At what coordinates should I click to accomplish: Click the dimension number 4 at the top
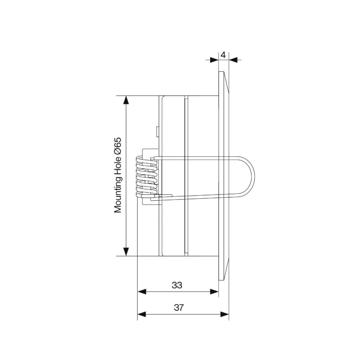(x=223, y=55)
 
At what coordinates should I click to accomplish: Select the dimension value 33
(x=177, y=285)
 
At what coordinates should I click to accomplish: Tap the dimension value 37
(x=179, y=307)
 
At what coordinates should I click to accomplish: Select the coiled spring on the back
(x=147, y=176)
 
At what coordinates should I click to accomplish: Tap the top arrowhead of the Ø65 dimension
(x=126, y=100)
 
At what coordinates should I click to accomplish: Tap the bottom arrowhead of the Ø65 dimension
(x=126, y=252)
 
